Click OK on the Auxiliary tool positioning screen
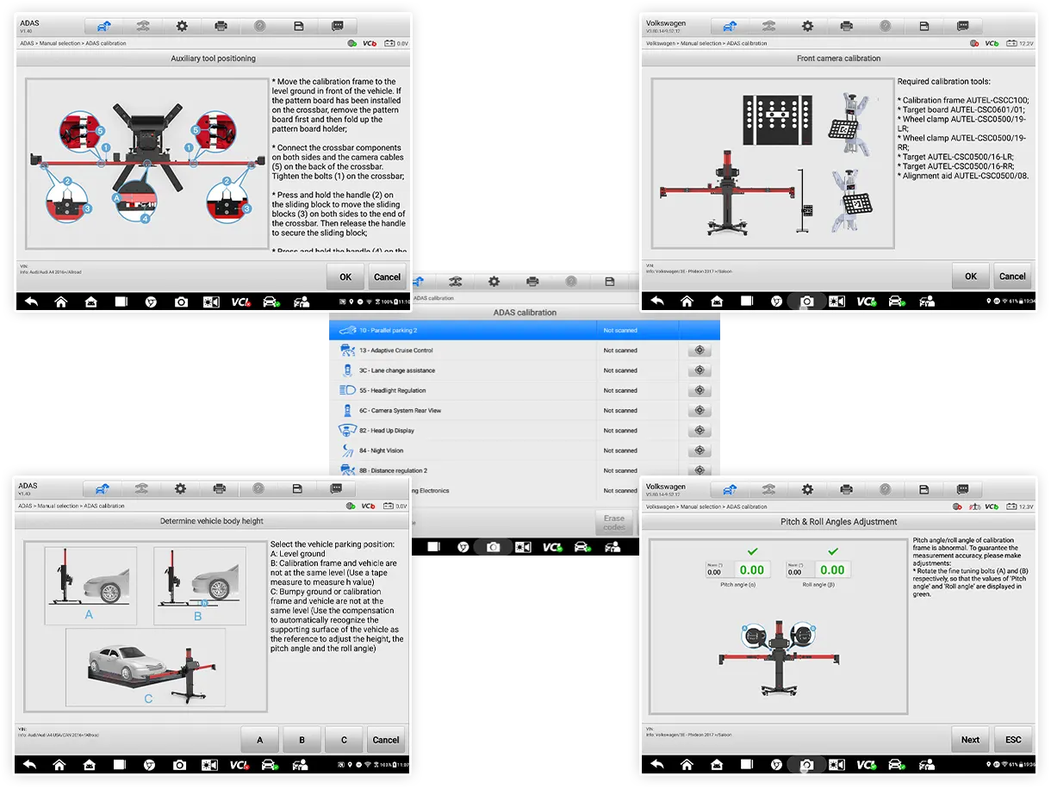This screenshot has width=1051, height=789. coord(345,276)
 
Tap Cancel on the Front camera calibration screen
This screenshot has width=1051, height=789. coord(1012,276)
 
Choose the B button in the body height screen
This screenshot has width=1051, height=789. coord(302,740)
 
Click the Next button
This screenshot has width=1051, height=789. coord(970,739)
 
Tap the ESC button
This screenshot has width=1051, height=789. coord(1013,739)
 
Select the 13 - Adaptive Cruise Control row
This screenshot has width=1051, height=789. coord(396,351)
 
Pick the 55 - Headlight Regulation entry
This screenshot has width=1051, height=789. coord(392,391)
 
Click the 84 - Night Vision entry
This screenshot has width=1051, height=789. coord(381,450)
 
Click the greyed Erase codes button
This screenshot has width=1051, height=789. coord(614,523)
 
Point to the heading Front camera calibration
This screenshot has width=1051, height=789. coord(838,59)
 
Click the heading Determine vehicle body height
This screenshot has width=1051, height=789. coord(212,521)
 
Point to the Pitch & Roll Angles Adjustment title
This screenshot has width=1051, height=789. coord(838,522)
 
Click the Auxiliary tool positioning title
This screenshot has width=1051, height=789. coord(213,59)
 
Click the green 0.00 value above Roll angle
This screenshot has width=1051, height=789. coord(832,569)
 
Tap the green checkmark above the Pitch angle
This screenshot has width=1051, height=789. coord(752,550)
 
